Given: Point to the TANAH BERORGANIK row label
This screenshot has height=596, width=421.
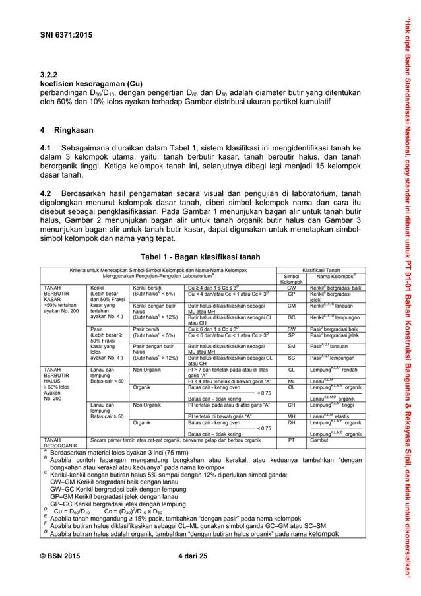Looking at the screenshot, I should point(62,441).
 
